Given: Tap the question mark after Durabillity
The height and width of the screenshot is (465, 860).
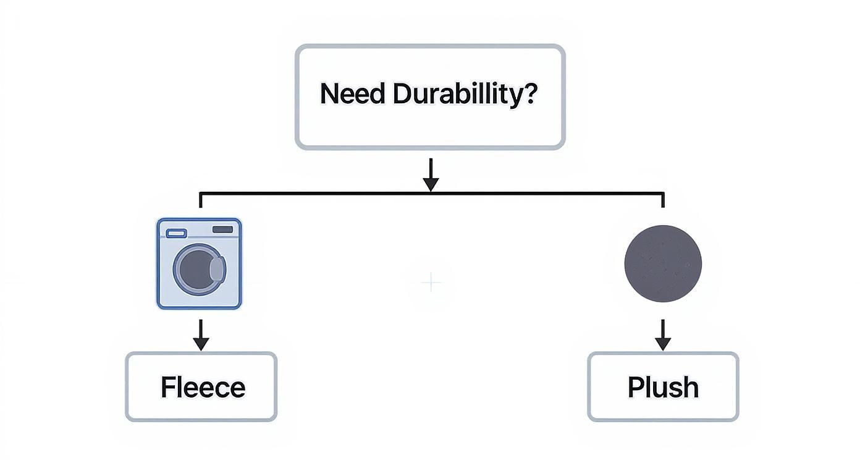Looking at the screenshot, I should pyautogui.click(x=531, y=94).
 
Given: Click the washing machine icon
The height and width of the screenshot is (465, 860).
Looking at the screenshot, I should pyautogui.click(x=200, y=263).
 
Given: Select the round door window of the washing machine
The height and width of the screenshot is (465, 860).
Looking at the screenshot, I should pyautogui.click(x=197, y=269).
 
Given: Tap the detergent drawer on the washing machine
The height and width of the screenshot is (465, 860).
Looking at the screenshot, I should pyautogui.click(x=176, y=233).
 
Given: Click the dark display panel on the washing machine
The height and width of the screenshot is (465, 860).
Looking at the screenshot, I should pyautogui.click(x=222, y=229).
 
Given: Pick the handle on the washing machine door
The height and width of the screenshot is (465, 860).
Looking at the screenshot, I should pyautogui.click(x=217, y=269).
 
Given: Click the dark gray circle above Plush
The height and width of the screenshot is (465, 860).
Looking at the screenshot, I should pyautogui.click(x=663, y=263).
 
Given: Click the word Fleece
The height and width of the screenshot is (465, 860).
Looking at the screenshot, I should pyautogui.click(x=203, y=388).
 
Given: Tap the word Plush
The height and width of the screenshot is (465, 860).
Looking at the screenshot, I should pyautogui.click(x=663, y=388).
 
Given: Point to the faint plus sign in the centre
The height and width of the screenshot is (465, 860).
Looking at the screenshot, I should pyautogui.click(x=431, y=283).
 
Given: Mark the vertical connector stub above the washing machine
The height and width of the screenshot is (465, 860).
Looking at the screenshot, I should pyautogui.click(x=200, y=200).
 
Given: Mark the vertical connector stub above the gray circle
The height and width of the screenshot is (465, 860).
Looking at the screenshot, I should pyautogui.click(x=663, y=200).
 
